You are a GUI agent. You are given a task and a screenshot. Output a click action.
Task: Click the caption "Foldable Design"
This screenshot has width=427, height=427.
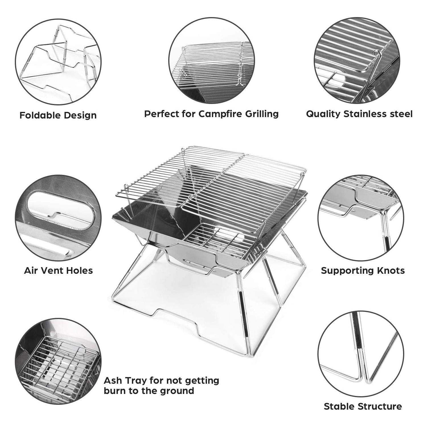(x=58, y=115)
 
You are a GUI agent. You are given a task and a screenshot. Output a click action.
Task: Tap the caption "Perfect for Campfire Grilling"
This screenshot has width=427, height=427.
(x=211, y=114)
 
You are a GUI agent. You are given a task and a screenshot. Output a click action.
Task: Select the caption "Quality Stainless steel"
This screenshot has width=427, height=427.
(x=359, y=114)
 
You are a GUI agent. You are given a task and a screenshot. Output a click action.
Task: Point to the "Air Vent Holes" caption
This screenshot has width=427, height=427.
(x=58, y=270)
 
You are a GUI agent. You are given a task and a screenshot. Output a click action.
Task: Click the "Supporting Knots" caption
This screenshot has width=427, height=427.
(x=363, y=270)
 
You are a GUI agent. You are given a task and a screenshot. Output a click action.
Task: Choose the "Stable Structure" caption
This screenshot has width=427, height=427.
(x=363, y=406)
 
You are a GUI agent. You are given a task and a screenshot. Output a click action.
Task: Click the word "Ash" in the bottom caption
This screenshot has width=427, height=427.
(x=112, y=381)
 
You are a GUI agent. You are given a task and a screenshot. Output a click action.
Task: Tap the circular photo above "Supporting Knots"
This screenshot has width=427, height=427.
(x=360, y=218)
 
